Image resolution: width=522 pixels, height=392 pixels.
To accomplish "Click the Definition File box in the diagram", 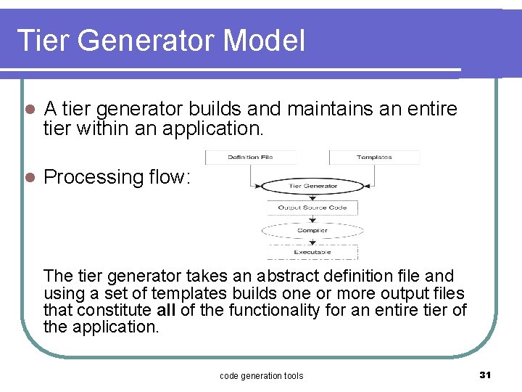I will coord(250,157).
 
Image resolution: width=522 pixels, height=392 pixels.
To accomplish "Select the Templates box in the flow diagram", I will coord(374,157).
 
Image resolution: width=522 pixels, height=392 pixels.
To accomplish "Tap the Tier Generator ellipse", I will coord(312,186).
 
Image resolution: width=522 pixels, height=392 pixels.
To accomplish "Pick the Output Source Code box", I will coord(312,208).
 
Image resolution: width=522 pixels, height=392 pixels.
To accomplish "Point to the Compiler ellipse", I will coord(312,230).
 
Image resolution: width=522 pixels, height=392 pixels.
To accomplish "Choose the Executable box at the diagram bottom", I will coord(312,252).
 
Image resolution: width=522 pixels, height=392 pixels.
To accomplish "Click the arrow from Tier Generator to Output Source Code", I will coord(312,197).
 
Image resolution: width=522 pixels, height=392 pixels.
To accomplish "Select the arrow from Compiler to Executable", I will coord(312,242).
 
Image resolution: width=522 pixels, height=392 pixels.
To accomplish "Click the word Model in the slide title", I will coord(265,41).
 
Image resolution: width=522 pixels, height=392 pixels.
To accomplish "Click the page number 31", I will coord(485,375).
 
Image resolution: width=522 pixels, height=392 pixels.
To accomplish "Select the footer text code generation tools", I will coord(261,375).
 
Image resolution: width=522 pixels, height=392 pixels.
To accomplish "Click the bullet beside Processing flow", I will coord(29,177).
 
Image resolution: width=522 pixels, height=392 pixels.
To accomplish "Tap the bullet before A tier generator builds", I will coord(29,110).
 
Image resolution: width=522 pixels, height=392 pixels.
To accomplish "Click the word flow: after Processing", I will coord(170,176).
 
